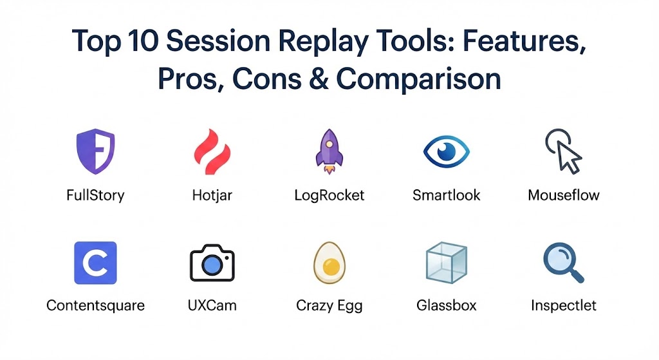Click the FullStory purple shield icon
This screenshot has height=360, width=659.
click(x=95, y=151)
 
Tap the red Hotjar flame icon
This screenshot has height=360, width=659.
click(x=212, y=151)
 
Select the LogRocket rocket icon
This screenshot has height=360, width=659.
click(x=329, y=151)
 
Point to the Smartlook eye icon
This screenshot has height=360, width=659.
click(x=447, y=151)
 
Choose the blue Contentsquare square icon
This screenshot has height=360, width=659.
click(x=95, y=263)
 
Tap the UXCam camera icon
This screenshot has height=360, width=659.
click(x=212, y=263)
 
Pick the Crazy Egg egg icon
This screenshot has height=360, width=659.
click(x=329, y=263)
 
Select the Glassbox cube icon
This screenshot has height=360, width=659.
click(x=447, y=263)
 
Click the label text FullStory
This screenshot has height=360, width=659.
click(x=95, y=196)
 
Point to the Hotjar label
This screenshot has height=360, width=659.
click(x=212, y=196)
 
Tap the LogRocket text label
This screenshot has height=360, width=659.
click(x=329, y=196)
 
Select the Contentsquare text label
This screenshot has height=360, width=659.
click(x=95, y=305)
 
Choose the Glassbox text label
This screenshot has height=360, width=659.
click(x=447, y=305)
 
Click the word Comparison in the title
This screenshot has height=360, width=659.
click(x=418, y=79)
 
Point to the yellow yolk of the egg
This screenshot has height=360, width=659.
click(x=331, y=267)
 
